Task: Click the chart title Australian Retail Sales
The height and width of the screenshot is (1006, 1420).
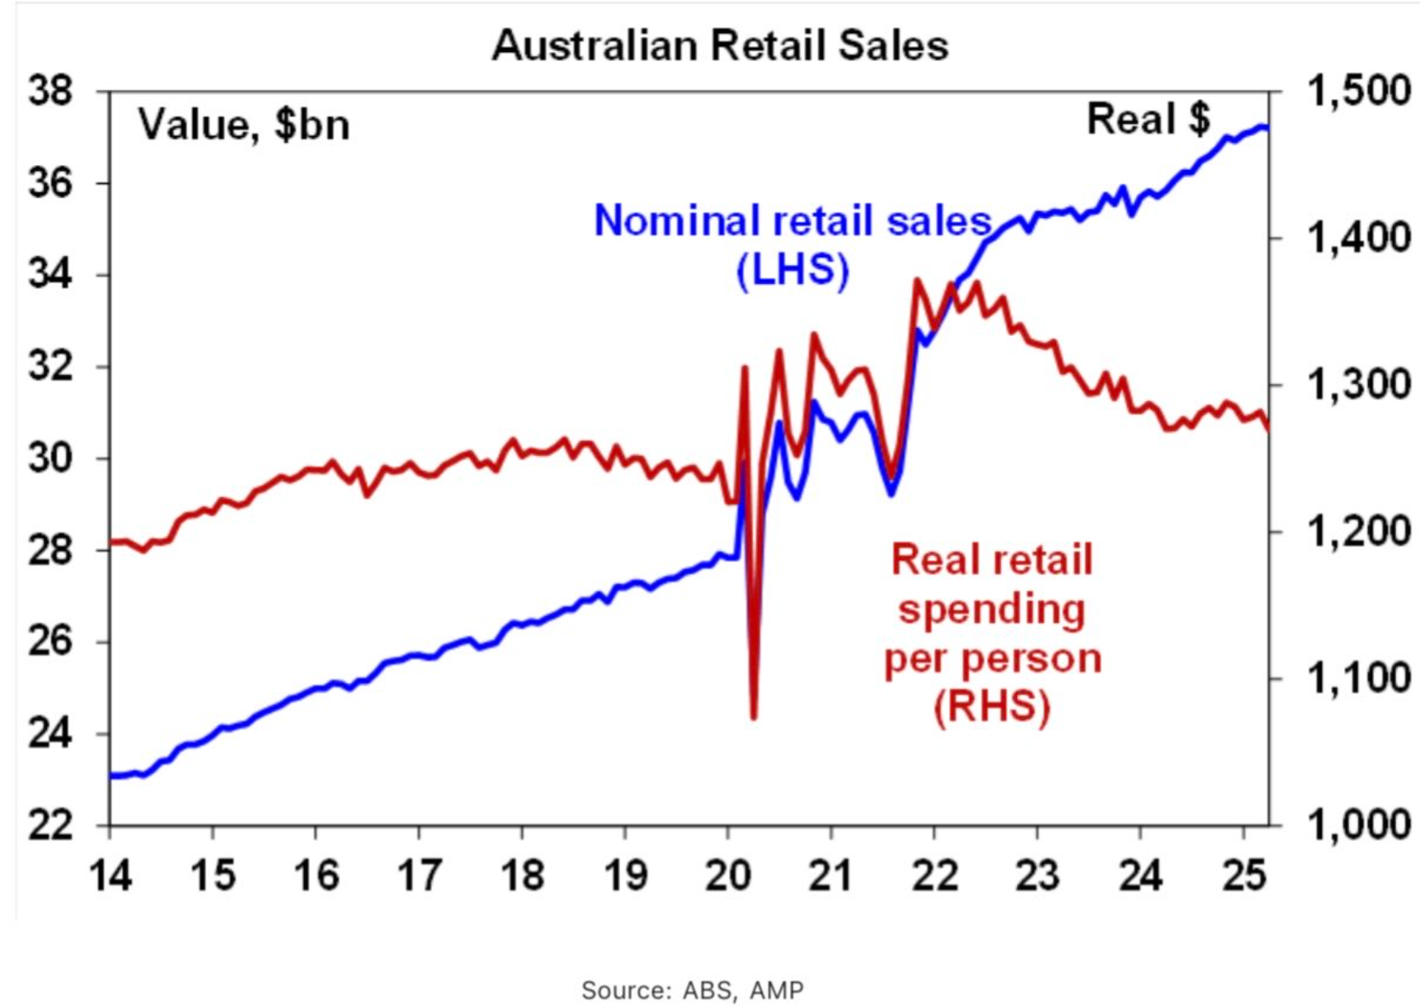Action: click(x=720, y=45)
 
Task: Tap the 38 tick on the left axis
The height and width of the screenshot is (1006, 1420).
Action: click(x=50, y=91)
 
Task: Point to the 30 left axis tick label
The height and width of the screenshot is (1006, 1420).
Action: click(x=50, y=458)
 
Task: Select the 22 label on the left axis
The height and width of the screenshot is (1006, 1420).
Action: click(x=50, y=825)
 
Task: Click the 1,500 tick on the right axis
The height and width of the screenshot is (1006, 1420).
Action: click(x=1358, y=91)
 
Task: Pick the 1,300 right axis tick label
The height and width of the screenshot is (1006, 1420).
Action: click(x=1358, y=385)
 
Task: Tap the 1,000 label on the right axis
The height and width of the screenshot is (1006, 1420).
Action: click(x=1358, y=825)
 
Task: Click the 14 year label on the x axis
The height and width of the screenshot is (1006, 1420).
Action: click(x=110, y=874)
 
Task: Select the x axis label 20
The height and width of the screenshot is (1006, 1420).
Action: click(x=727, y=874)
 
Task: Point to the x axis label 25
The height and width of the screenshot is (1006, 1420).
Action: click(x=1243, y=874)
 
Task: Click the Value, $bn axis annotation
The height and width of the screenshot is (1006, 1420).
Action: click(x=244, y=125)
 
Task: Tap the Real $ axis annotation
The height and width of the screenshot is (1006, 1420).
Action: click(x=1148, y=119)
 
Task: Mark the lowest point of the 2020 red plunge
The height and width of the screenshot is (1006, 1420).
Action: click(x=754, y=715)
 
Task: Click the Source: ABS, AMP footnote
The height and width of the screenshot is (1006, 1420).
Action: click(x=692, y=989)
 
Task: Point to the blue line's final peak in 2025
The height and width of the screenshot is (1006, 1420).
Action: click(x=1261, y=127)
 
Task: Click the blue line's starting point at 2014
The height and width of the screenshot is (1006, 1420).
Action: click(x=111, y=776)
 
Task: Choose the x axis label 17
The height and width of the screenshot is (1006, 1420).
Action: click(x=419, y=874)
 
